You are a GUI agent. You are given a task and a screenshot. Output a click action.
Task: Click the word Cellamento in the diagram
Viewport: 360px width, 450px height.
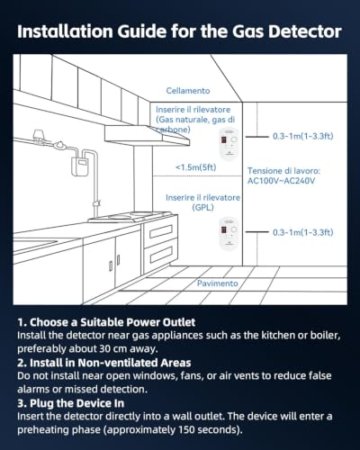pyautogui.click(x=188, y=91)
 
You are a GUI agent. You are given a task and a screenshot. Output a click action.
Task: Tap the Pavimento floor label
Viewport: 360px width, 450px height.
pyautogui.click(x=218, y=283)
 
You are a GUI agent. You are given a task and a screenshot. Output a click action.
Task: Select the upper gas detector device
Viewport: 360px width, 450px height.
pyautogui.click(x=229, y=143)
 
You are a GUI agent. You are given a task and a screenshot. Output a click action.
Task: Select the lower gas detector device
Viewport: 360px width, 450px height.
pyautogui.click(x=229, y=233)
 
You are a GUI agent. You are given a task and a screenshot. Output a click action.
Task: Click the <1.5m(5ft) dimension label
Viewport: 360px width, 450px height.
pyautogui.click(x=196, y=167)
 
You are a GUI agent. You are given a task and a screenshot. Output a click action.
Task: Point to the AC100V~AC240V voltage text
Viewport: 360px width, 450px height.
pyautogui.click(x=281, y=181)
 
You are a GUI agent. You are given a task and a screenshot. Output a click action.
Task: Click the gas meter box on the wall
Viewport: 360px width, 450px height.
pyautogui.click(x=79, y=166)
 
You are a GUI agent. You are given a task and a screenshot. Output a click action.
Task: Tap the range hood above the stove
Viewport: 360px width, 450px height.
pyautogui.click(x=147, y=135)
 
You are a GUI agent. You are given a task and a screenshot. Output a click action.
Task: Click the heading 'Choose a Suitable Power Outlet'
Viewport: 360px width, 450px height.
pyautogui.click(x=112, y=322)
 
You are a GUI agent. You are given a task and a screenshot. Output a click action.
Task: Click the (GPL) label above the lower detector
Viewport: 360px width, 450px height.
pyautogui.click(x=202, y=208)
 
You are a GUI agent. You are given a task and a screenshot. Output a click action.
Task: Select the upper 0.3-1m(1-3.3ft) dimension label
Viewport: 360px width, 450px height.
pyautogui.click(x=303, y=136)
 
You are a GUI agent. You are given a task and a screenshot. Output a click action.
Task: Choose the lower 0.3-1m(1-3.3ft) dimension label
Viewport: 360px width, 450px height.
pyautogui.click(x=303, y=232)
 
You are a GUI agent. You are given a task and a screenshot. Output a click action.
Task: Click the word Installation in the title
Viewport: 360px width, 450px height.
pyautogui.click(x=65, y=31)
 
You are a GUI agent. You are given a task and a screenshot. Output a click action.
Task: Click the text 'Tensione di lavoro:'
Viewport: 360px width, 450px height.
pyautogui.click(x=283, y=171)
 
